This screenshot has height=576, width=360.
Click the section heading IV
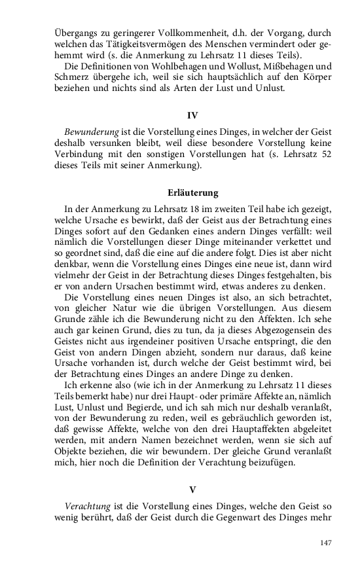(x=192, y=115)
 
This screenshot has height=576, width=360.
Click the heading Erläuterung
(x=192, y=193)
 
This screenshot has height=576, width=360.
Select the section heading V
(x=192, y=489)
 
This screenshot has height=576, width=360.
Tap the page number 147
(x=325, y=543)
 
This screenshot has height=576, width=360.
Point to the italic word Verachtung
(x=90, y=507)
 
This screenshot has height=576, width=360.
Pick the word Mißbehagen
(x=270, y=66)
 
